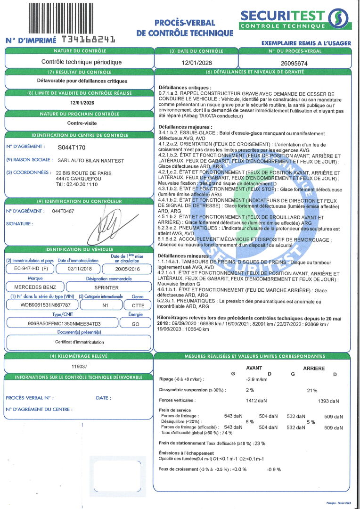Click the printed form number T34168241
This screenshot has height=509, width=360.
(88, 40)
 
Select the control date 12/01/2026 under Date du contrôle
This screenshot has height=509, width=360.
(196, 62)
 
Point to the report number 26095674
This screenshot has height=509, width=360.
(294, 63)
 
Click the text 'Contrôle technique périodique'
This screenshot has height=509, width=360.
(82, 62)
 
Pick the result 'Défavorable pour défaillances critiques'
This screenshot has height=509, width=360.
(79, 81)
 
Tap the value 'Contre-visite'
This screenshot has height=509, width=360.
(79, 123)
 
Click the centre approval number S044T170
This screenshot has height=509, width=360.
(72, 148)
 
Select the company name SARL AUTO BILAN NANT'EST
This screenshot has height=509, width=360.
(90, 161)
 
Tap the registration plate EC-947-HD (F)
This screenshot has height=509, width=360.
(29, 269)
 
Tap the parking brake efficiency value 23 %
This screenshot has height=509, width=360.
(259, 443)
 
